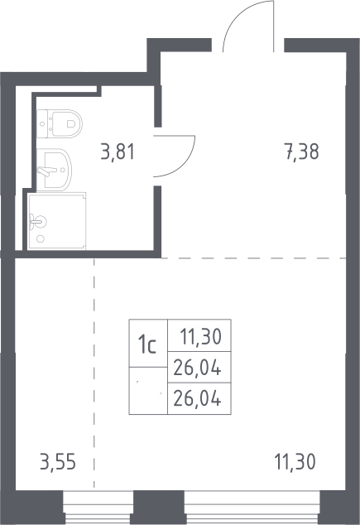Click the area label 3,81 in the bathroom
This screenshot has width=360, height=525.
pos(118,152)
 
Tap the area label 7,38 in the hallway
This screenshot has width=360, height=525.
pos(302,152)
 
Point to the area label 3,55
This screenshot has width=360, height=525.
pos(58,462)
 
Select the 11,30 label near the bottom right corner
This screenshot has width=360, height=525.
pos(295,462)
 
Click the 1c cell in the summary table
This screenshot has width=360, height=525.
pos(148,343)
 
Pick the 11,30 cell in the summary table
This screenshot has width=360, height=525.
pos(199,335)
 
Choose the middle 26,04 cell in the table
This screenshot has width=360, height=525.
pos(199,368)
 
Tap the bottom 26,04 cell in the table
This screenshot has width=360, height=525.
pos(199,398)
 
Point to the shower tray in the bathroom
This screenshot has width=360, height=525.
pos(57,221)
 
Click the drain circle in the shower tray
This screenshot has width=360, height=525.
pos(41,238)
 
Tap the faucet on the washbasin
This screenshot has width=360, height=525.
pos(44,171)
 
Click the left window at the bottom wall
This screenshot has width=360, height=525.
pos(98,508)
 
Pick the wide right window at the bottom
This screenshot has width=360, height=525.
pos(252,508)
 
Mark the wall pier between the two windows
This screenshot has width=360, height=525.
pos(159,508)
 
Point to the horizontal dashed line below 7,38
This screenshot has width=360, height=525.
pos(253,258)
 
